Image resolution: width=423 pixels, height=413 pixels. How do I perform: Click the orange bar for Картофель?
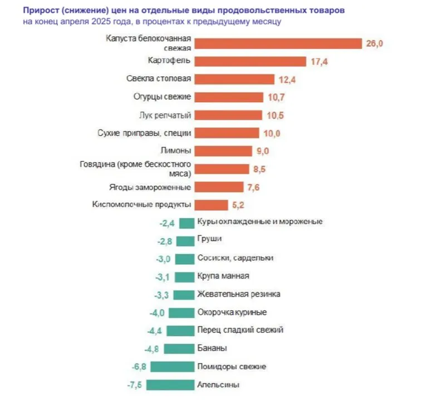(x=251, y=61)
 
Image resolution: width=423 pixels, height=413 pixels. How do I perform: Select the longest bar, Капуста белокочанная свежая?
(x=279, y=43)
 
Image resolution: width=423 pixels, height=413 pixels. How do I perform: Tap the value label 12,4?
(x=287, y=79)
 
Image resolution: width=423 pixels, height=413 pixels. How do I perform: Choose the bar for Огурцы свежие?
(x=229, y=97)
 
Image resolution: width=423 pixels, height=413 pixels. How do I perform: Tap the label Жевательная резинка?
(x=239, y=294)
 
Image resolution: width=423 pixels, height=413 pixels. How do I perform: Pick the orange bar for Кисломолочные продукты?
(x=211, y=205)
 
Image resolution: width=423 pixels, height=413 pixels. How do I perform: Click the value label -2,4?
(x=168, y=222)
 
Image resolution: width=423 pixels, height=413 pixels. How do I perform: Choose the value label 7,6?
(x=253, y=187)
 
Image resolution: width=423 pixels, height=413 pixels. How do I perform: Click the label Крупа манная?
(x=223, y=276)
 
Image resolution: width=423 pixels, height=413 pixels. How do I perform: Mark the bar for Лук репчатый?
(x=229, y=115)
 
